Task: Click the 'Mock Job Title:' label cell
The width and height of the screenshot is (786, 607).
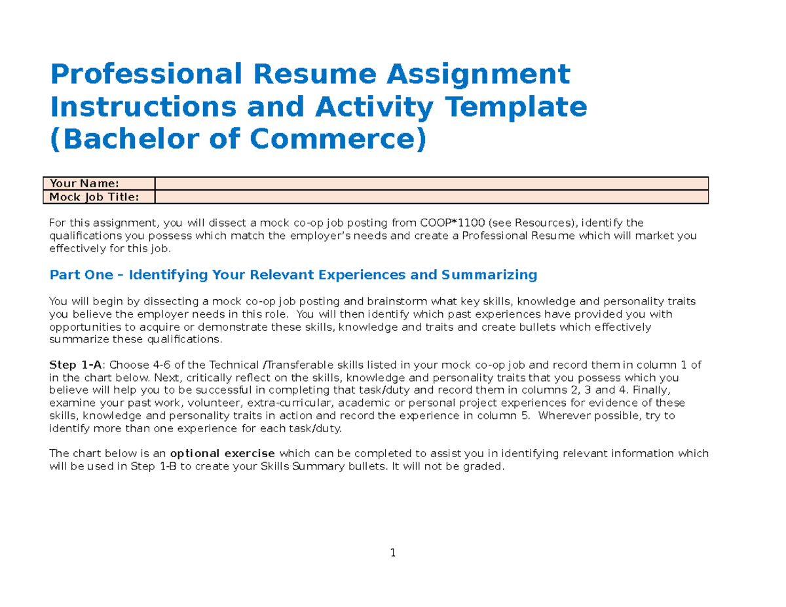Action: coord(98,197)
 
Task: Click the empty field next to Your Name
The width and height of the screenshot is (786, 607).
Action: coord(431,183)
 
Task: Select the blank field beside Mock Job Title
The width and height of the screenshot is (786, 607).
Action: coord(431,197)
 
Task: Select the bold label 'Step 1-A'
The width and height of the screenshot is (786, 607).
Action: coord(71,365)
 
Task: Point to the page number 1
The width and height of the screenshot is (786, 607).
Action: coord(393,553)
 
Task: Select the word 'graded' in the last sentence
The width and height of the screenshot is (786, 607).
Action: coord(485,466)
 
